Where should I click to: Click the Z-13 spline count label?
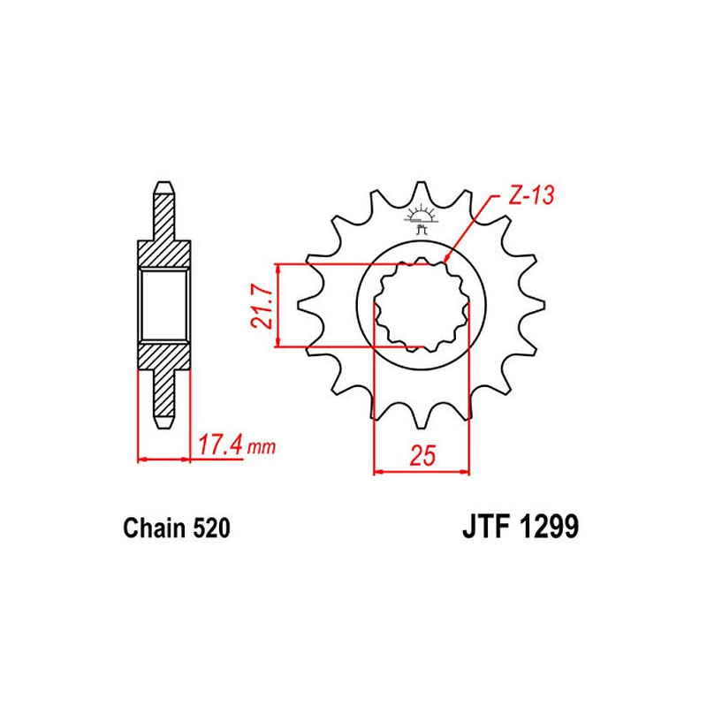point(530,195)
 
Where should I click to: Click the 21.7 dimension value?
point(262,307)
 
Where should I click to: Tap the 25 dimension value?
point(423,455)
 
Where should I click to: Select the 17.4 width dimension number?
point(220,445)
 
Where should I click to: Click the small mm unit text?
point(261,448)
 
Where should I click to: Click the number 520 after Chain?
point(211,528)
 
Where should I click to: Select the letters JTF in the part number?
point(487,526)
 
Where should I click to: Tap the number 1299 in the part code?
point(549,526)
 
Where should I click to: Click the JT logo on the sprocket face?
point(422,219)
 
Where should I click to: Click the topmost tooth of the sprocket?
point(422,192)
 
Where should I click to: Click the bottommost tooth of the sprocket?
point(422,417)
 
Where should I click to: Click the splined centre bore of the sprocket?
point(422,305)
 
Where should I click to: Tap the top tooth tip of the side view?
point(163,187)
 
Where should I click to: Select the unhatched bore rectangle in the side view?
point(163,305)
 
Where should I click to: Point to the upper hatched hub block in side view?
point(163,254)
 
